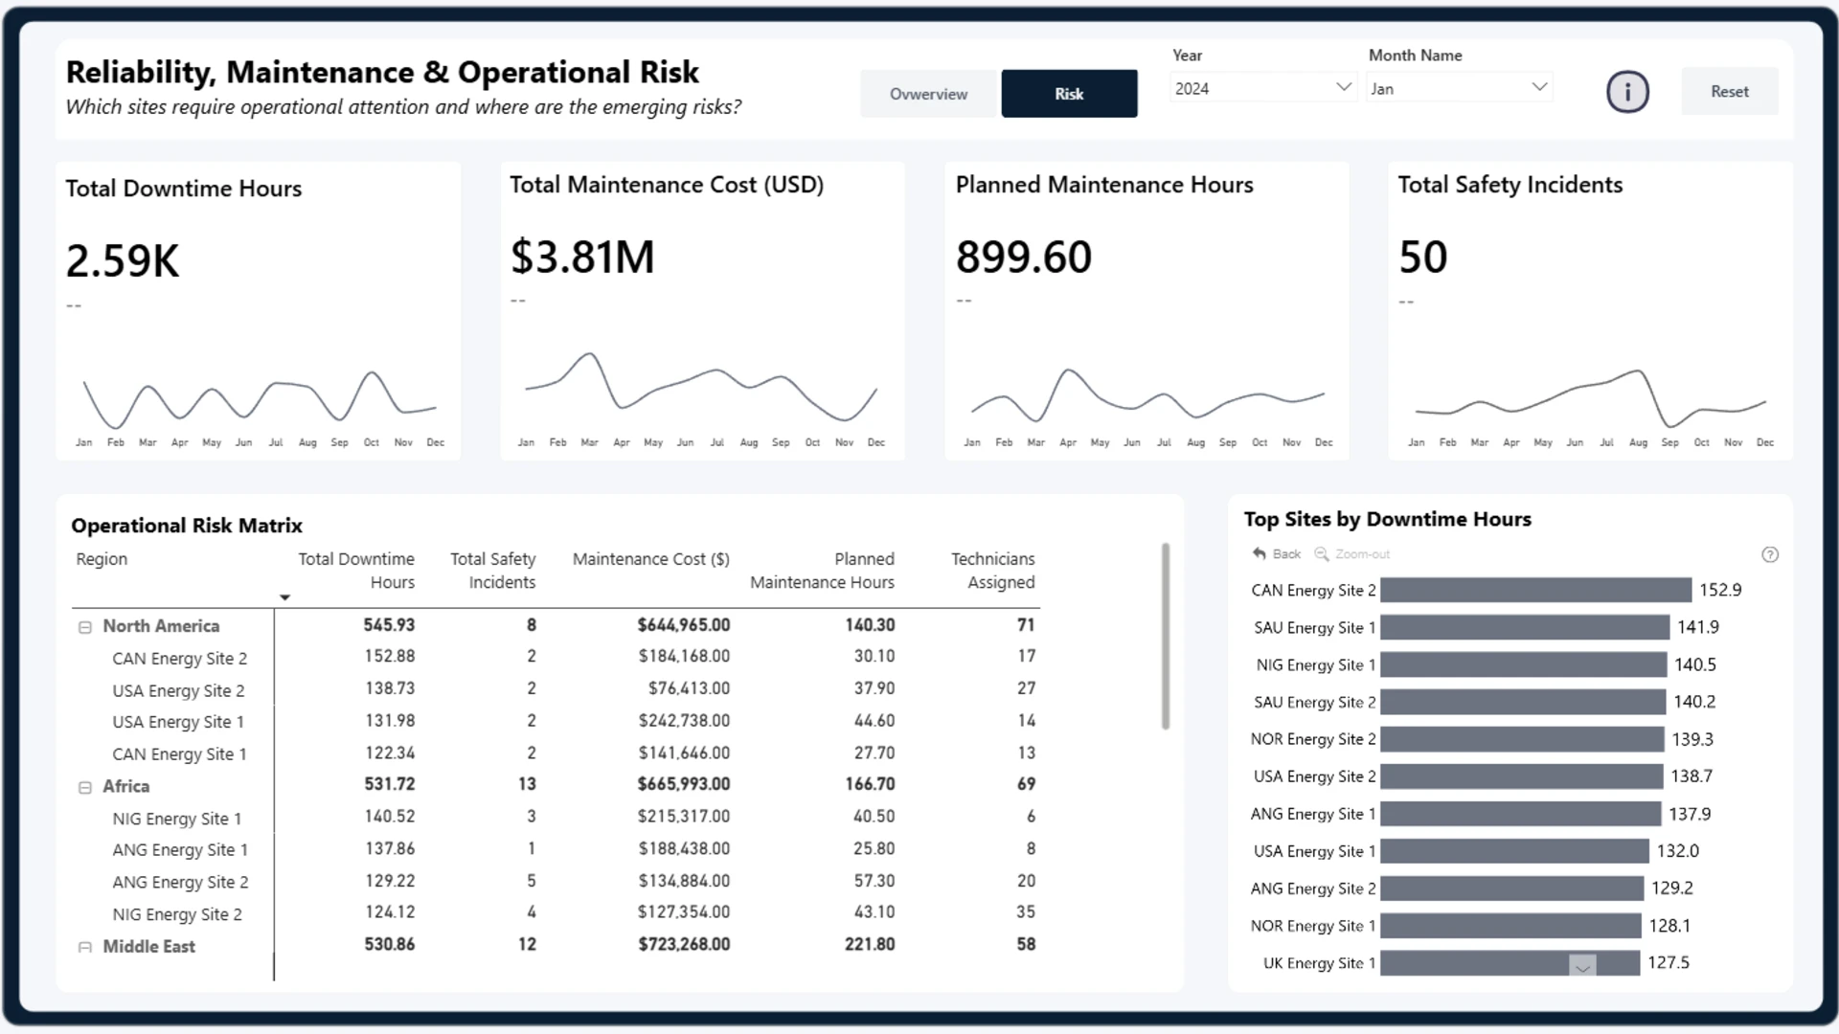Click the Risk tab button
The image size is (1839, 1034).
coord(1069,94)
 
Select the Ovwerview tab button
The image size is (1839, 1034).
coord(928,94)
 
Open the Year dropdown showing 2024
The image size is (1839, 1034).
coord(1262,88)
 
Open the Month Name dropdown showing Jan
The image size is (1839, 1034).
coord(1460,88)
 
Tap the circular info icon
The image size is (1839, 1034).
coord(1627,92)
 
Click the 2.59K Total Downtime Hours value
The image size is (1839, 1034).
coord(123,260)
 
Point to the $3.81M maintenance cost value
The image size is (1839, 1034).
coord(582,257)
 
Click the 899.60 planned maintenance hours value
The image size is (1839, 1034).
coord(1024,257)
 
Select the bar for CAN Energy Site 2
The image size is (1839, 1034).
coord(1535,590)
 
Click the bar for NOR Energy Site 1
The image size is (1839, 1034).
coord(1510,926)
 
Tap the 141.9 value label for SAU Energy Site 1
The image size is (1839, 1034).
coord(1698,627)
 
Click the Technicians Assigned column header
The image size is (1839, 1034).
coord(992,571)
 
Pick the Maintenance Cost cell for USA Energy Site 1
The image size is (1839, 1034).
coord(684,721)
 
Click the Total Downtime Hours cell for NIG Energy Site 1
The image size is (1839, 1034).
coord(390,817)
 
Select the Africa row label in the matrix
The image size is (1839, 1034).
coord(126,786)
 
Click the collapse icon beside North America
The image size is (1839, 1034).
coord(85,627)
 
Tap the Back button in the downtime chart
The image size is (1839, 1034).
coord(1277,554)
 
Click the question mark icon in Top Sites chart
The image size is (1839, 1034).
coord(1770,554)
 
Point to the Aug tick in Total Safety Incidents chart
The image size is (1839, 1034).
coord(1638,442)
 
